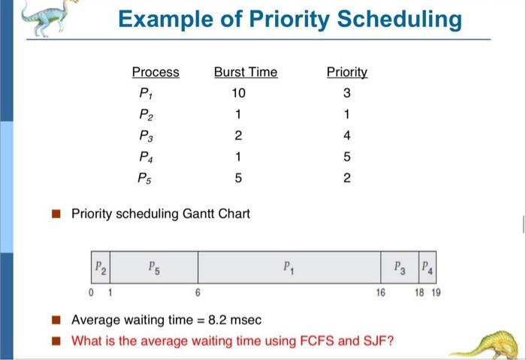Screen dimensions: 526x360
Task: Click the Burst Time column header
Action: (246, 72)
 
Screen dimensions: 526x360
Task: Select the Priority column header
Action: (347, 72)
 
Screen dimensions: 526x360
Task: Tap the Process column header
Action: (156, 72)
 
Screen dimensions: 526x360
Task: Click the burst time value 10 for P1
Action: (238, 93)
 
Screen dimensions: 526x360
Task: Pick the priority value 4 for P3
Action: (347, 135)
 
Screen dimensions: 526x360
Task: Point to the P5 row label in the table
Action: (144, 178)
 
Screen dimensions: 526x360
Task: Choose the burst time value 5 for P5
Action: (238, 178)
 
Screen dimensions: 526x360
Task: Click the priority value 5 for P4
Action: (347, 156)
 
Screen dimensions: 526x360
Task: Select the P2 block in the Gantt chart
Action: (101, 268)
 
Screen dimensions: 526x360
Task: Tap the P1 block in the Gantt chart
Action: (289, 268)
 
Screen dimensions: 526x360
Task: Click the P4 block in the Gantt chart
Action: (428, 268)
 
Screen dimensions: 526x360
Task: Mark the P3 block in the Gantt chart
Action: (400, 268)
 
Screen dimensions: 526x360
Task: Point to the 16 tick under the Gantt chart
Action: (381, 292)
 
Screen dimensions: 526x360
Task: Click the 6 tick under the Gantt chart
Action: (198, 292)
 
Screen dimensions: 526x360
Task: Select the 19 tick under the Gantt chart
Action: (436, 292)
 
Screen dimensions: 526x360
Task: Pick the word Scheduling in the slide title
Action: (399, 20)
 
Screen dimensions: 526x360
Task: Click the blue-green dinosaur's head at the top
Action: (70, 3)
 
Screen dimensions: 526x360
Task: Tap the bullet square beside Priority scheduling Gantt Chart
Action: (56, 213)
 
